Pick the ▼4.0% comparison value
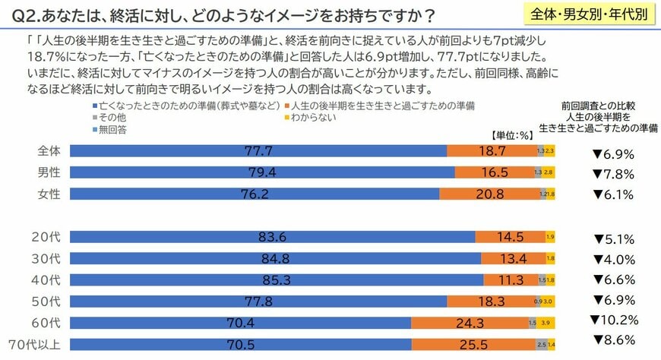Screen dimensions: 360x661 coord(612,257)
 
